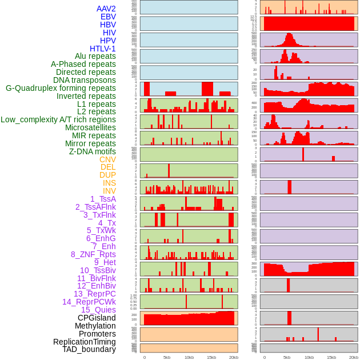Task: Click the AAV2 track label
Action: [x=106, y=9]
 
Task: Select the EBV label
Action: [x=108, y=17]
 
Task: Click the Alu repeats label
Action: [x=95, y=56]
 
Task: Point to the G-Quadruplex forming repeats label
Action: [x=61, y=88]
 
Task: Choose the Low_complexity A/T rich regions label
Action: [x=58, y=119]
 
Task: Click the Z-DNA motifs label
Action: [x=92, y=151]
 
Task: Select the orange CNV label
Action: [x=107, y=159]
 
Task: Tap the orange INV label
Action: [x=109, y=191]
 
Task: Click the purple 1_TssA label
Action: [x=103, y=199]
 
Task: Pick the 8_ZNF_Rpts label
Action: [x=93, y=254]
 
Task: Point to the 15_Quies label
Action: [x=98, y=310]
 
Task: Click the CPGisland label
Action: [x=97, y=318]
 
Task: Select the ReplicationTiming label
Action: [x=84, y=342]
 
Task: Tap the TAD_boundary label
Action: [x=89, y=349]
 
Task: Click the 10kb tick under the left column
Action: [x=189, y=357]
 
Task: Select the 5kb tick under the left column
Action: [x=167, y=357]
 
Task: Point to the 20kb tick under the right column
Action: [x=353, y=357]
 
